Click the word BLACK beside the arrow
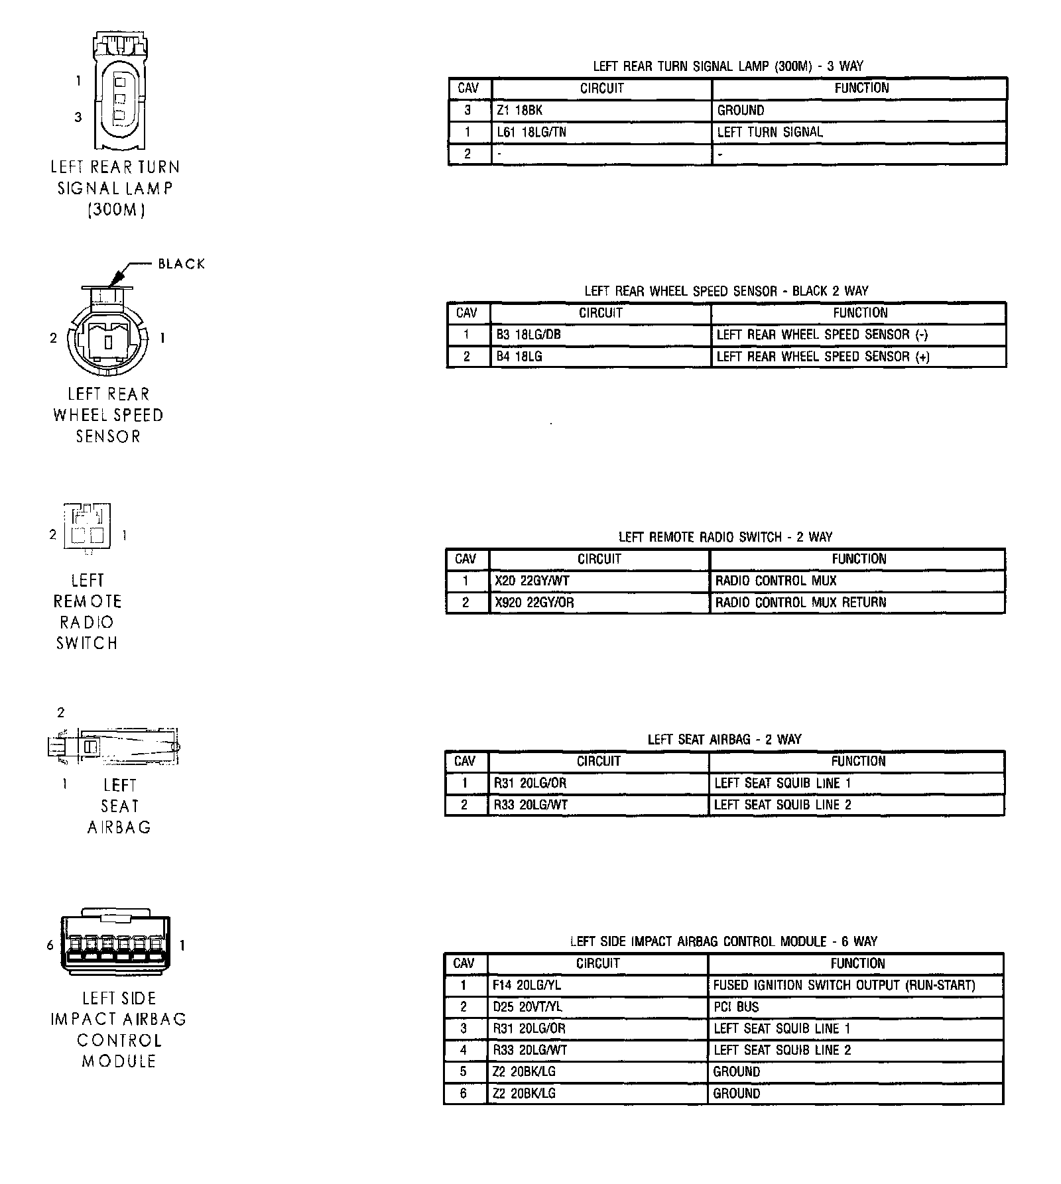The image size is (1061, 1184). (181, 264)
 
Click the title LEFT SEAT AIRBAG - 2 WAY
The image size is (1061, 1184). (724, 739)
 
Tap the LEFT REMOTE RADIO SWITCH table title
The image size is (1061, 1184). (725, 537)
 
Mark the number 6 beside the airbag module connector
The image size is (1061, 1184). (50, 945)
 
